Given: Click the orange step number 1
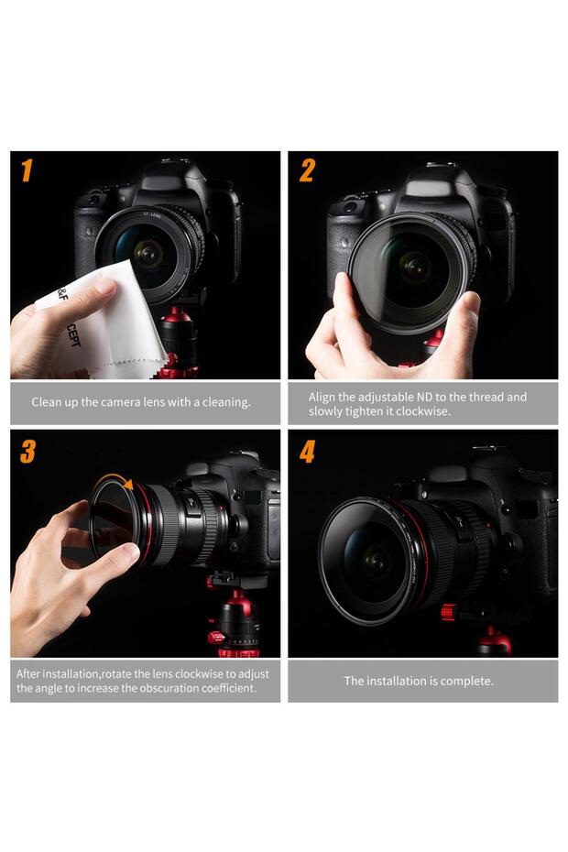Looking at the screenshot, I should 27,171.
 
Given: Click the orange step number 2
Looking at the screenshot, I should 307,171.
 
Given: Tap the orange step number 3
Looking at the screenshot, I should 28,452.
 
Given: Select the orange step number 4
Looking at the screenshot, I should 308,452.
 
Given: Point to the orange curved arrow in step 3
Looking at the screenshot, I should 114,479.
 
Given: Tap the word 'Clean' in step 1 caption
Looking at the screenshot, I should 48,402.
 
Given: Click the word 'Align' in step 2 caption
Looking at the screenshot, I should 323,397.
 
